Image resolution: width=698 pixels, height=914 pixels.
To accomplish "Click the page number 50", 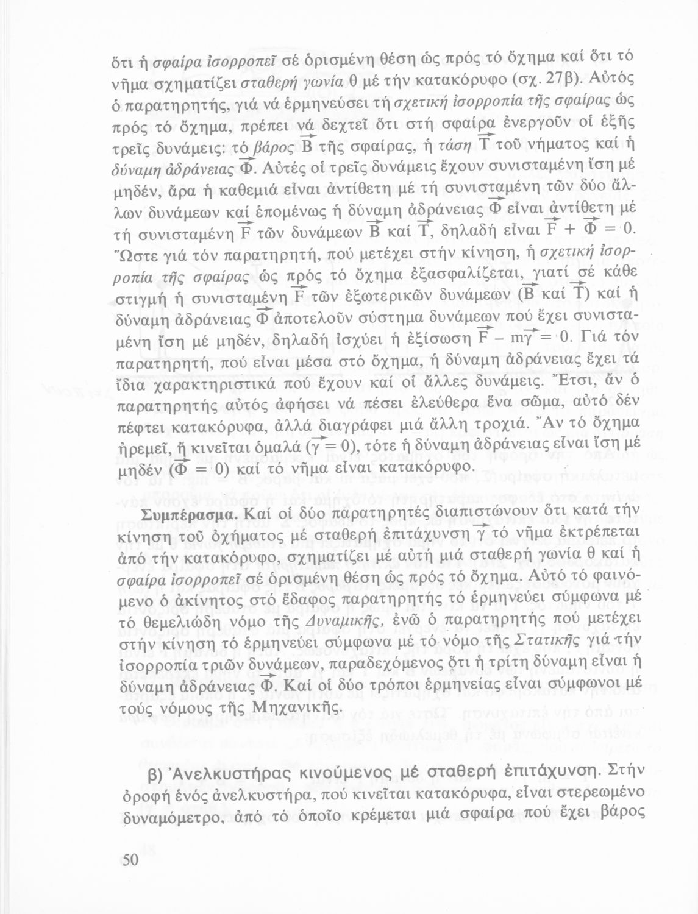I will pos(132,860).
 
